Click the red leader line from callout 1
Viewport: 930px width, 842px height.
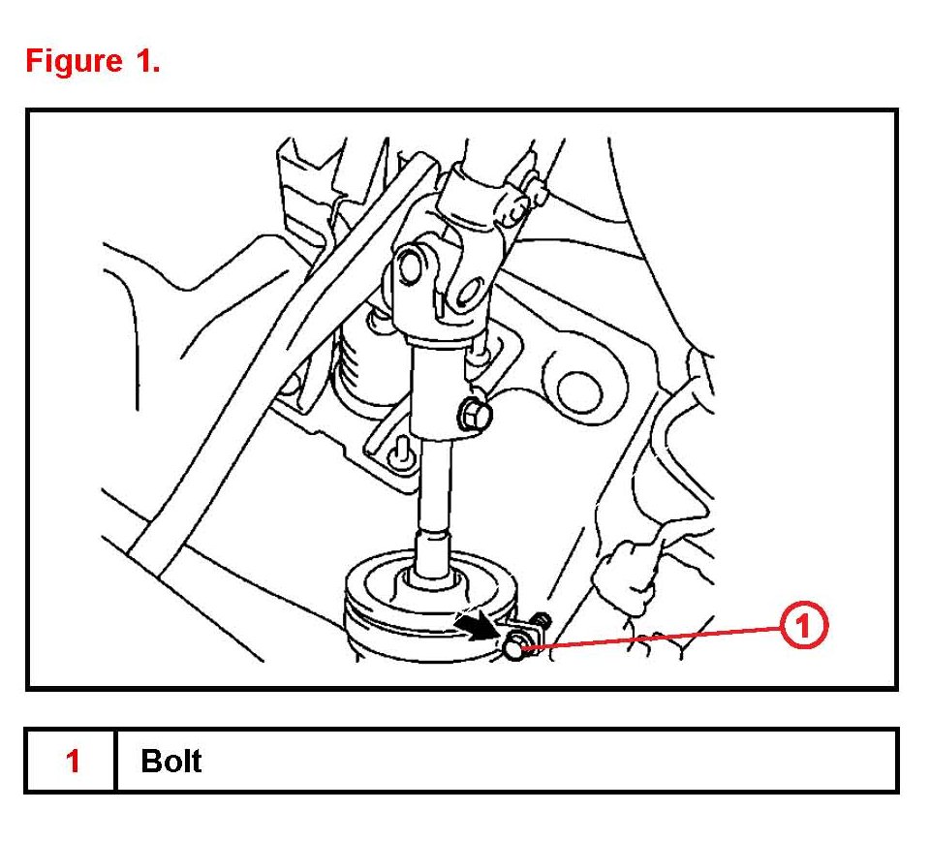coord(659,636)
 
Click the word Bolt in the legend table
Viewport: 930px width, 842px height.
coord(170,761)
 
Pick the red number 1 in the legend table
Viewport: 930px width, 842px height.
coord(73,761)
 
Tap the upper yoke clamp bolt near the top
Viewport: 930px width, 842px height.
coord(523,194)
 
